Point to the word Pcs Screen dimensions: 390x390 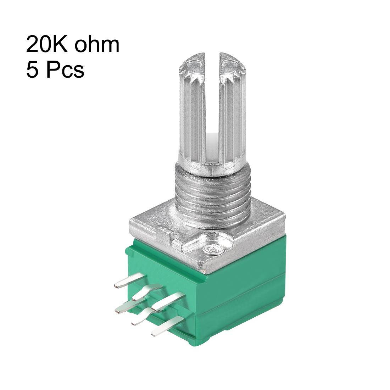tap(64, 69)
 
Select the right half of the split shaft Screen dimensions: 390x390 tap(232, 113)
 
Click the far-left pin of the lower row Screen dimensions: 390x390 tap(126, 308)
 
